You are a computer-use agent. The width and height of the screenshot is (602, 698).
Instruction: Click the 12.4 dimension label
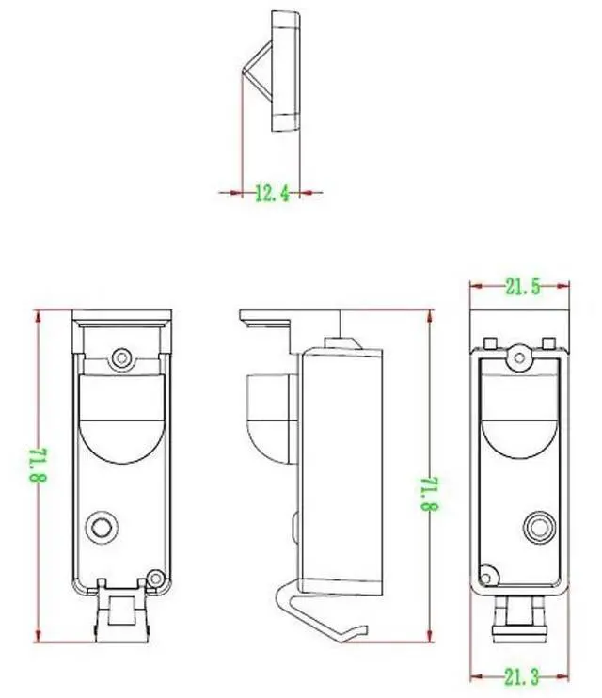[272, 194]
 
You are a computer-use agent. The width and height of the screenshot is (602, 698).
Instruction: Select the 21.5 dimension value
[522, 287]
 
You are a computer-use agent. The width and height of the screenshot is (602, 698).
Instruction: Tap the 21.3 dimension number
[521, 677]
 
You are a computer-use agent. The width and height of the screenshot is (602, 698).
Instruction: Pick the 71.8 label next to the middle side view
[430, 494]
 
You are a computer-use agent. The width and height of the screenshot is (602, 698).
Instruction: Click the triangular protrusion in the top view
[258, 70]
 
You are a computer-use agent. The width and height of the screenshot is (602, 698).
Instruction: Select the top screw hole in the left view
[121, 357]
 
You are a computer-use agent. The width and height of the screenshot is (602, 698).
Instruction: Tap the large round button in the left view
[102, 528]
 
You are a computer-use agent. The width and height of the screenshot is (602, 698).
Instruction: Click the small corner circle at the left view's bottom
[155, 579]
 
